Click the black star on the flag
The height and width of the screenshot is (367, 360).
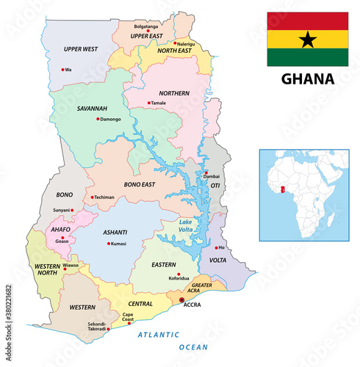(x=308, y=39)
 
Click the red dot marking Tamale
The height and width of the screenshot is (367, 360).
(x=148, y=103)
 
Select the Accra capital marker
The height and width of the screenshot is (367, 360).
(x=181, y=300)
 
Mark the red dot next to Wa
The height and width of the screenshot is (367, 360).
(x=62, y=70)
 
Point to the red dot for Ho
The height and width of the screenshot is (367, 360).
(x=215, y=247)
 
